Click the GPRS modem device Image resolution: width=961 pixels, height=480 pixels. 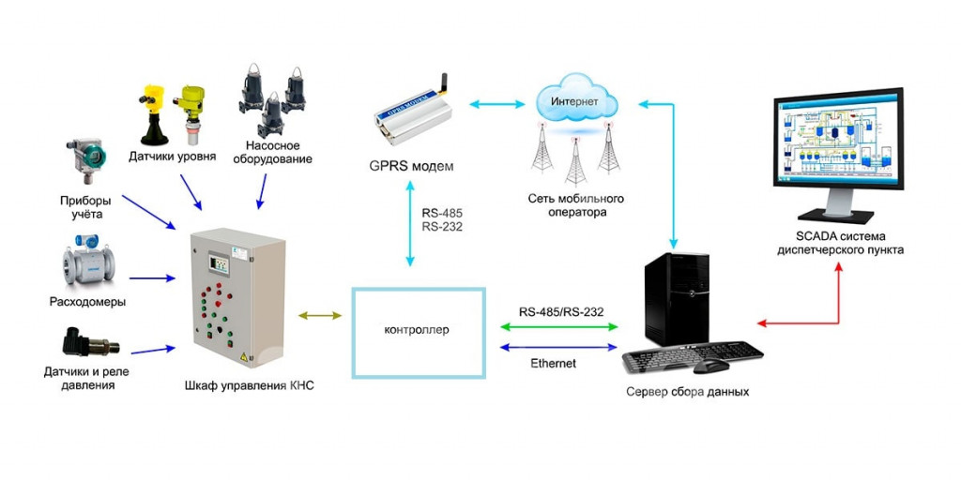414,114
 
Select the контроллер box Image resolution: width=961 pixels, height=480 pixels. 419,333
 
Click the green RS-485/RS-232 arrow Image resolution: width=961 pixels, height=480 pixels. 559,327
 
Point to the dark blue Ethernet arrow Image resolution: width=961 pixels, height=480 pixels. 559,347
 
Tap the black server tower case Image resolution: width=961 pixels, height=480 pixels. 677,299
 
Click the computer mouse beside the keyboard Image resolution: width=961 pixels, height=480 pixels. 711,367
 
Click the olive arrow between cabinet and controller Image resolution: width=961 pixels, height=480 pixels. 320,316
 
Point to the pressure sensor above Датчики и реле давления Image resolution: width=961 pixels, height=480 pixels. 90,344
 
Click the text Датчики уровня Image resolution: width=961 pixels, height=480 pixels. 173,157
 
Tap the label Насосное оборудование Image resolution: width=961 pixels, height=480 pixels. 279,153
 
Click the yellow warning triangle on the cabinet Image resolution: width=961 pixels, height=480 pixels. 245,355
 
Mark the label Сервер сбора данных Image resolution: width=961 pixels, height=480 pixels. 687,392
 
